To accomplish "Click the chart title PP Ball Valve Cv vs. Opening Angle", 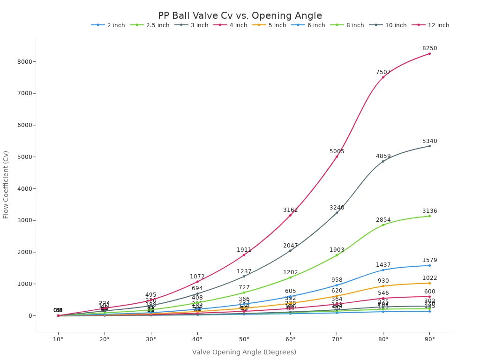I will pos(240,16).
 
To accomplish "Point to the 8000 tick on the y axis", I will pos(24,61).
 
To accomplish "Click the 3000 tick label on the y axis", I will pos(24,220).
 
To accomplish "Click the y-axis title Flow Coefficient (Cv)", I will pos(6,184).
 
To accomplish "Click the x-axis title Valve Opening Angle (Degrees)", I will pos(244,352).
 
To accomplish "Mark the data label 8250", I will pos(429,48).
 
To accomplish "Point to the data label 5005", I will pos(337,151).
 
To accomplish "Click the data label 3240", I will pos(337,208).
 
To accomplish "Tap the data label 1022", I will pos(429,278).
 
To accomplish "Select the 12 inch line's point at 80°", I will pos(383,77).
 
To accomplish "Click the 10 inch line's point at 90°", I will pos(429,146).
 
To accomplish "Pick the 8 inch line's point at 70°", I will pos(337,255).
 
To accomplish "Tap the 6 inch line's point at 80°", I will pos(383,270).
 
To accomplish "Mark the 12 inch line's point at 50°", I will pos(244,255).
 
